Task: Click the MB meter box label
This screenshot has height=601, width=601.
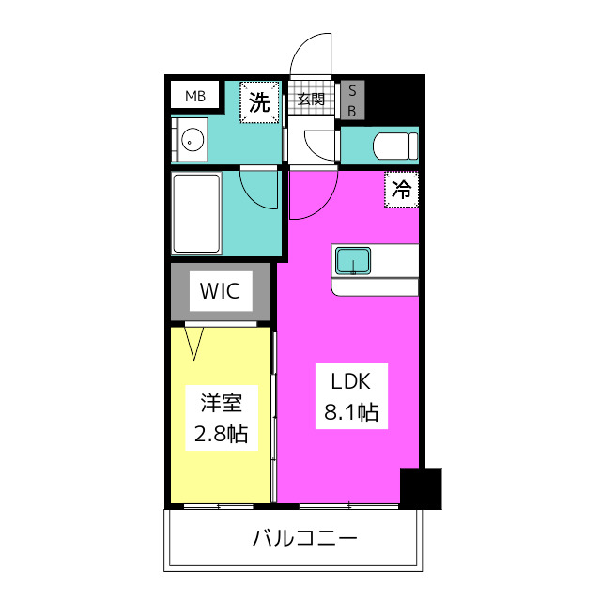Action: point(195,96)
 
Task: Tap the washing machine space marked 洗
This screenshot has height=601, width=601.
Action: point(259,102)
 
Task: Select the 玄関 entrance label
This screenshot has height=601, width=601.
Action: point(311,100)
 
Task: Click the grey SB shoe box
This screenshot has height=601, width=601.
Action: point(352,100)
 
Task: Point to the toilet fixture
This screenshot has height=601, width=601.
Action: point(395,146)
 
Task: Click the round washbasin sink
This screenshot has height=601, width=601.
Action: point(192,141)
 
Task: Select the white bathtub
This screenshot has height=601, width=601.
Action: point(196,213)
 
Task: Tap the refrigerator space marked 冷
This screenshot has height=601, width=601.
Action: point(401,190)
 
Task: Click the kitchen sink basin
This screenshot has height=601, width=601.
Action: point(353,261)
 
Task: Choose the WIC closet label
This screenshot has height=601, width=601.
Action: point(221,291)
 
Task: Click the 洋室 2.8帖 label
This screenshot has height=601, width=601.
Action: point(222,418)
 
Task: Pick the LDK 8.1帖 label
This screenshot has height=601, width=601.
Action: point(351,396)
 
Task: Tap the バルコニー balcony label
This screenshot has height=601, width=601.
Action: point(304,538)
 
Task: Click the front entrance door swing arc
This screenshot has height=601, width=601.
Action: point(302,46)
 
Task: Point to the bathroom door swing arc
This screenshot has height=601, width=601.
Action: point(253,197)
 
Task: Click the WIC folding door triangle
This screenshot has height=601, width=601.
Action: point(193,344)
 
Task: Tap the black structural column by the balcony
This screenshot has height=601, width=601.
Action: point(421,488)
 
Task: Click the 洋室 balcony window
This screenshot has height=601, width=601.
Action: point(219,506)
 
